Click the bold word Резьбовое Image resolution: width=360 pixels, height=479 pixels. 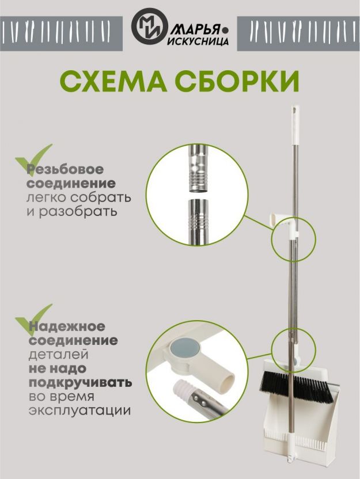[x=66, y=169]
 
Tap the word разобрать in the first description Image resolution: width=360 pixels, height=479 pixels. [x=78, y=211]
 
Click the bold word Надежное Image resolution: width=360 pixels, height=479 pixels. [x=67, y=326]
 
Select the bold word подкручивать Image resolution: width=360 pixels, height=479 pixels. [x=81, y=383]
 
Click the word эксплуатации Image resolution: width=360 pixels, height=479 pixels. [x=79, y=411]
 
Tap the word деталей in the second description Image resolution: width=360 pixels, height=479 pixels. [x=59, y=355]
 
